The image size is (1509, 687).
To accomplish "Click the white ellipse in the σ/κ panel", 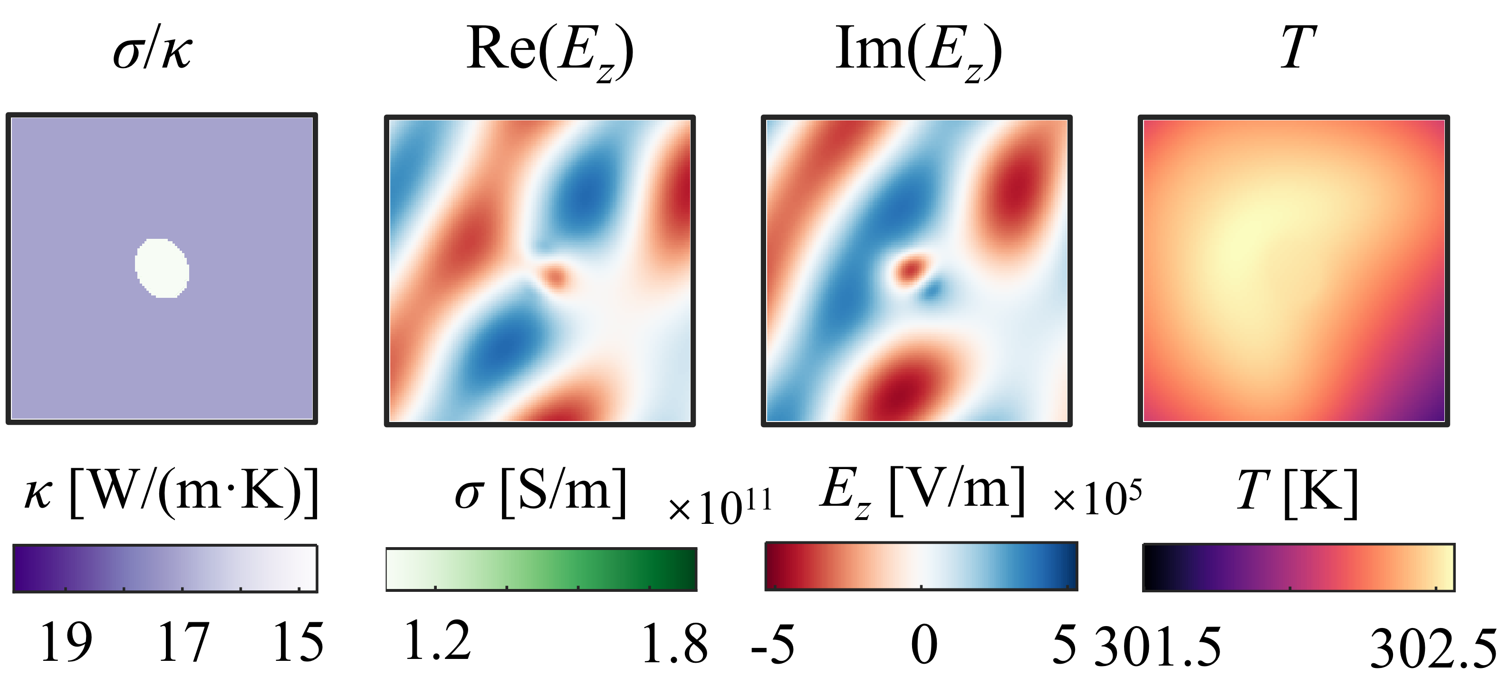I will (x=162, y=268).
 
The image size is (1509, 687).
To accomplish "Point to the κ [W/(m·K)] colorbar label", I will (x=171, y=492).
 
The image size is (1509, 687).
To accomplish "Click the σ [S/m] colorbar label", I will (x=540, y=492).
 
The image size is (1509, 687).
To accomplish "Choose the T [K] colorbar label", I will (x=1297, y=492).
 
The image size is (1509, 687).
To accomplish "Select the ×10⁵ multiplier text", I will (x=1096, y=498).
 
